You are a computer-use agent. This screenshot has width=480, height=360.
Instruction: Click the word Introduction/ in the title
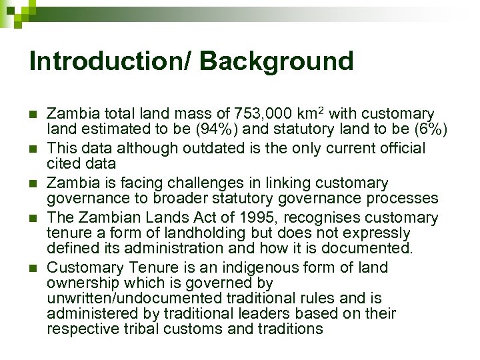(111, 61)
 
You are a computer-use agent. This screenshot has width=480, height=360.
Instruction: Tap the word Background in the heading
(277, 61)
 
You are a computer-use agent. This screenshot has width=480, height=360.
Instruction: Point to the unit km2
(309, 113)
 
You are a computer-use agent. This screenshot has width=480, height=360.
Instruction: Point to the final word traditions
(289, 329)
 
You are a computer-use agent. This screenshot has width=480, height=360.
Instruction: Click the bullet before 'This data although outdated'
(33, 148)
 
